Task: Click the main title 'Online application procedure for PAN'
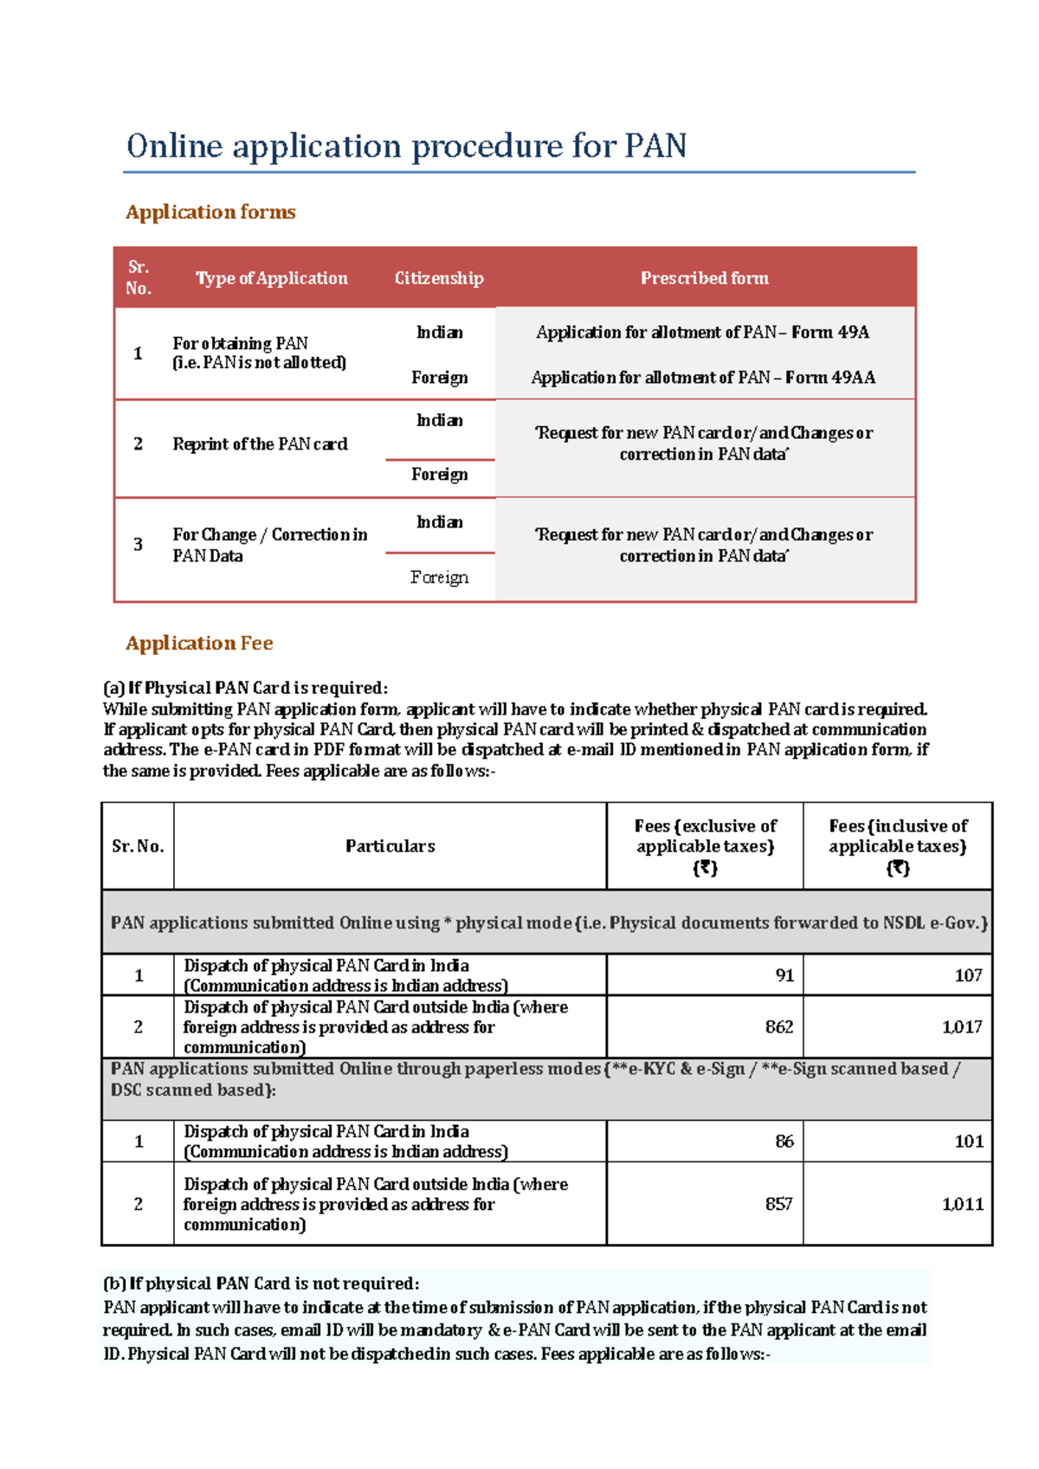[x=406, y=146]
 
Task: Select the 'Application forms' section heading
[x=210, y=212]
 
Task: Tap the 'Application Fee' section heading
[x=199, y=643]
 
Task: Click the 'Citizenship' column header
[x=439, y=278]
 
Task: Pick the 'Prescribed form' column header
[x=704, y=278]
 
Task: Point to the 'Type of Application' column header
[x=271, y=278]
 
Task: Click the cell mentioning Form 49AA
[x=703, y=378]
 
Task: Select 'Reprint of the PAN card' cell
[x=260, y=444]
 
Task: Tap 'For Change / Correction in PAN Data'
[x=269, y=545]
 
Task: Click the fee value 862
[x=779, y=1026]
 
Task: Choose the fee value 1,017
[x=962, y=1026]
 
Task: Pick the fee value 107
[x=968, y=975]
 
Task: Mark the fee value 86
[x=784, y=1141]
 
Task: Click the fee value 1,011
[x=962, y=1204]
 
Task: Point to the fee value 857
[x=778, y=1204]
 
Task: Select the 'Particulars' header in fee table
[x=390, y=846]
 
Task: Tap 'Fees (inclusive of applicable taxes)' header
[x=898, y=846]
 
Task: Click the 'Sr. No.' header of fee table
[x=138, y=846]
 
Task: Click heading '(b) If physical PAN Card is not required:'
[x=261, y=1284]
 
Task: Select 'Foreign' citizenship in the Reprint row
[x=439, y=475]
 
